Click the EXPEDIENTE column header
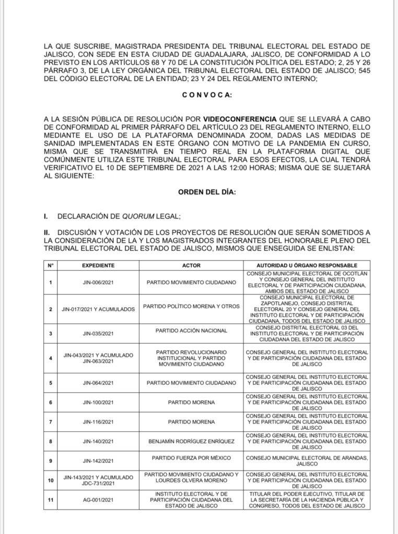coord(98,265)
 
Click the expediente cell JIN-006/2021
coord(98,283)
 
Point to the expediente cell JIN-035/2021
coord(98,334)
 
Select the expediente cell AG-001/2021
coord(98,500)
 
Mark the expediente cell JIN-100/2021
coord(98,403)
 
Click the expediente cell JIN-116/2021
coord(98,422)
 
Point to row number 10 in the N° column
coord(51,480)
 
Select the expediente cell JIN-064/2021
coord(98,383)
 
